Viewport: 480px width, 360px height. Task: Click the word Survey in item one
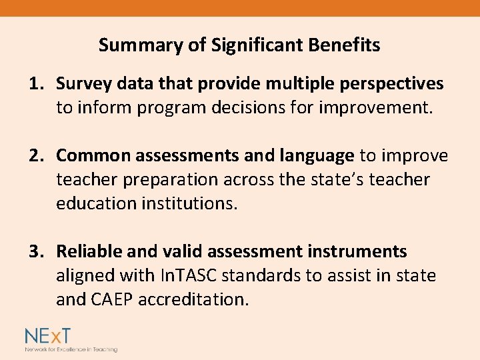[x=79, y=83]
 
